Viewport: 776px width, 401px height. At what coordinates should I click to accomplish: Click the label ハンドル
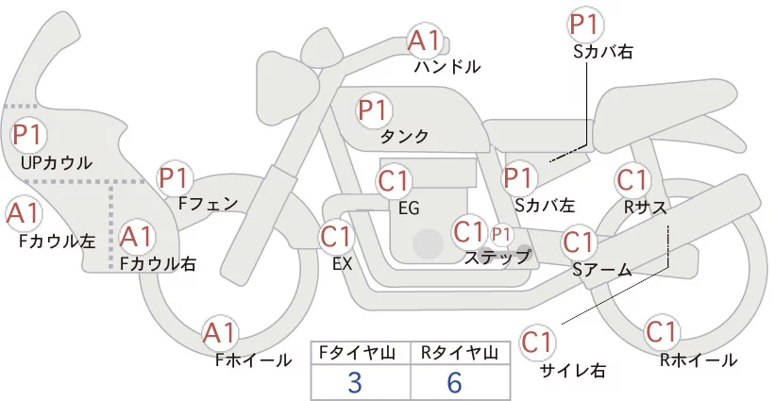point(447,66)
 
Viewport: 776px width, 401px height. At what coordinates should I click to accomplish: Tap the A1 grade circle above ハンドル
point(424,41)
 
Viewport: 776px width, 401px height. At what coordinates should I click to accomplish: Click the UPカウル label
point(57,162)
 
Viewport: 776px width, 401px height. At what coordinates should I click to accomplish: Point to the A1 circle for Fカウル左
point(23,213)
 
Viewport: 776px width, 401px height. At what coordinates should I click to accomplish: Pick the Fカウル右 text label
point(158,263)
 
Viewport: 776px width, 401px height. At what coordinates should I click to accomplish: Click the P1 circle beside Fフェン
point(174,178)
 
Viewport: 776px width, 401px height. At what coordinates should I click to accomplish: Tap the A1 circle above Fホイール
point(220,333)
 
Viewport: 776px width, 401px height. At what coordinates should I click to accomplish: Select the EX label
point(343,264)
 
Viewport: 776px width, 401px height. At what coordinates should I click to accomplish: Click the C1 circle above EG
point(394,181)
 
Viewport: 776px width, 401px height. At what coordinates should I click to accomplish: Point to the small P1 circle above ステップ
point(501,235)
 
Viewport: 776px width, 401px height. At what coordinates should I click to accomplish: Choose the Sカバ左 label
point(545,205)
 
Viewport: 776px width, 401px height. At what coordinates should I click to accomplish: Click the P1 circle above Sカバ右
point(586,25)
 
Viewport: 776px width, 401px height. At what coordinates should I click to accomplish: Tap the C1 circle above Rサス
point(632,180)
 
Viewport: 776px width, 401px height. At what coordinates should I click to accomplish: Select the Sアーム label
point(602,270)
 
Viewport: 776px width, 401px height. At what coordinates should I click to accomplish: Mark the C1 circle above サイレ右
point(537,342)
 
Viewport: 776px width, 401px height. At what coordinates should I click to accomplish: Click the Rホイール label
point(699,360)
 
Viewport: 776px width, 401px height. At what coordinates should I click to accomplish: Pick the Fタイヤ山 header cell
point(361,353)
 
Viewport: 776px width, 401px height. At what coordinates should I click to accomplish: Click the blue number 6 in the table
point(454,382)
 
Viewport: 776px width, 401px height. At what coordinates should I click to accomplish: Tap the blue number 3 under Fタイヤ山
point(355,382)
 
